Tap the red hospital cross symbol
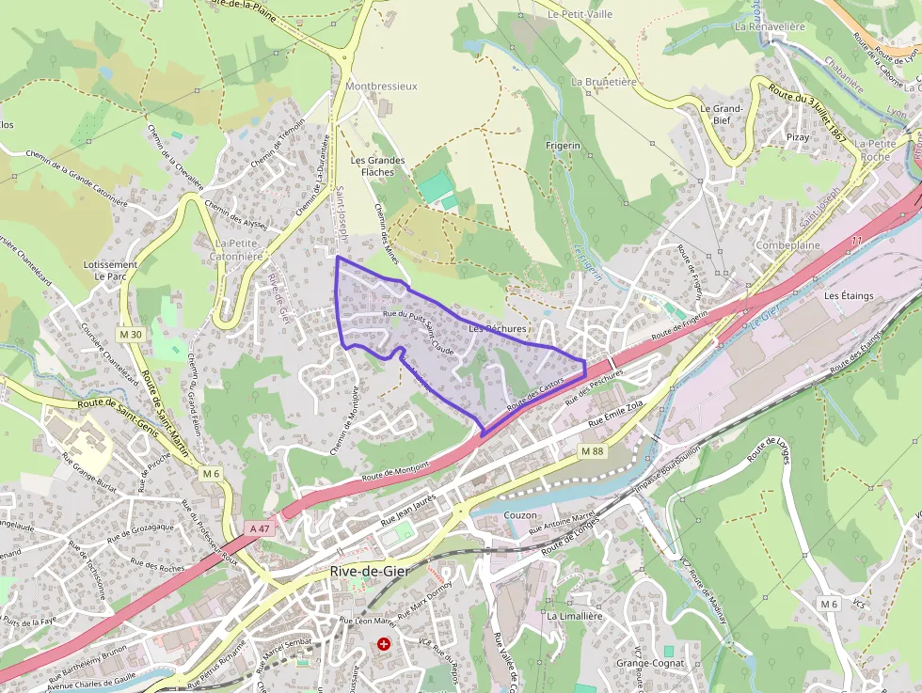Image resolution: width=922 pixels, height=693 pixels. (x=384, y=644)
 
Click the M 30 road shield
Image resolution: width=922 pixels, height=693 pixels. (x=132, y=335)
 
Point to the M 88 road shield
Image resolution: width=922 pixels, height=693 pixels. (x=592, y=451)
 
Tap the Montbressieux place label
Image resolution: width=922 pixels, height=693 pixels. (x=381, y=86)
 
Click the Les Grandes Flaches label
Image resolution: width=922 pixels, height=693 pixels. (x=377, y=166)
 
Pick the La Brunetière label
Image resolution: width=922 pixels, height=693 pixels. (x=604, y=82)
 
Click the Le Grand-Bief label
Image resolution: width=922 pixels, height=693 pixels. (x=722, y=114)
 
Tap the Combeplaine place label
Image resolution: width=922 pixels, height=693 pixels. (x=788, y=245)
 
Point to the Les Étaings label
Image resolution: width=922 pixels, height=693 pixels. (x=849, y=295)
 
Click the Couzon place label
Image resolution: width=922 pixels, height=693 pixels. (x=520, y=515)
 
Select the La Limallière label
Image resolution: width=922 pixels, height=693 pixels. (x=574, y=616)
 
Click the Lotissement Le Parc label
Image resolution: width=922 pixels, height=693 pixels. (x=110, y=271)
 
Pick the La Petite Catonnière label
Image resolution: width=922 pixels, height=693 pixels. (x=225, y=249)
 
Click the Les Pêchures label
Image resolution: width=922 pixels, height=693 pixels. (x=498, y=328)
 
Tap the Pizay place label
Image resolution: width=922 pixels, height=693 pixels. (x=798, y=137)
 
